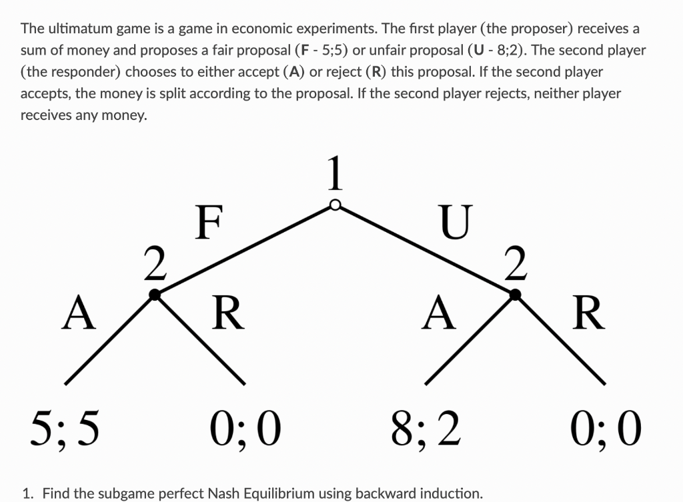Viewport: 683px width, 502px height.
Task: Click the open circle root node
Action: (x=335, y=204)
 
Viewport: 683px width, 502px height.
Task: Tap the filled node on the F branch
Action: (x=155, y=294)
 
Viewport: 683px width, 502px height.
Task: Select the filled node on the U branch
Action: (x=515, y=294)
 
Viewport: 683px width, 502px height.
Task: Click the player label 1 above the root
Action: (x=335, y=174)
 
